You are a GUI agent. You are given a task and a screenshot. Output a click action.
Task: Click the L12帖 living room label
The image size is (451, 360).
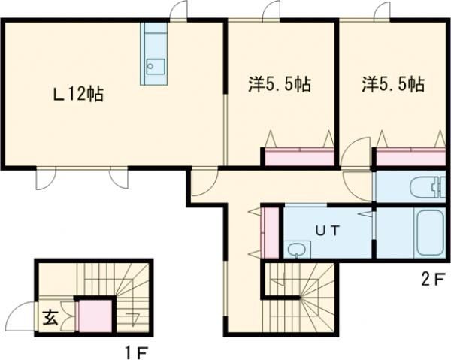(x=77, y=95)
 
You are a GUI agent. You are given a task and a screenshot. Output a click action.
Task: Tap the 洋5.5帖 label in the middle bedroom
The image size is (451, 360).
(x=280, y=84)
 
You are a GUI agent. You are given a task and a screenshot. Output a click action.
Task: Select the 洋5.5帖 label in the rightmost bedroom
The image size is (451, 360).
(x=393, y=84)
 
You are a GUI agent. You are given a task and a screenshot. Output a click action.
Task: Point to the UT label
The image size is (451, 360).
(x=325, y=231)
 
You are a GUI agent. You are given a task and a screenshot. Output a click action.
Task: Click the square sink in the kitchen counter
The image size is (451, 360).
(x=155, y=66)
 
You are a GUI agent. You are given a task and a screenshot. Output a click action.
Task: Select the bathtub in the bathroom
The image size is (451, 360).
(x=422, y=233)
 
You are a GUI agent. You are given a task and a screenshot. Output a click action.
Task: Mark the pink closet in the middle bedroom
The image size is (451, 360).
(x=299, y=158)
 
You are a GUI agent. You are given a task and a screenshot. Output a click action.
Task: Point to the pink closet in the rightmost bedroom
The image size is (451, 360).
(x=411, y=158)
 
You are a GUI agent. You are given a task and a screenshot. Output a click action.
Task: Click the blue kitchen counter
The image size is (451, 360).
(x=156, y=53)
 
